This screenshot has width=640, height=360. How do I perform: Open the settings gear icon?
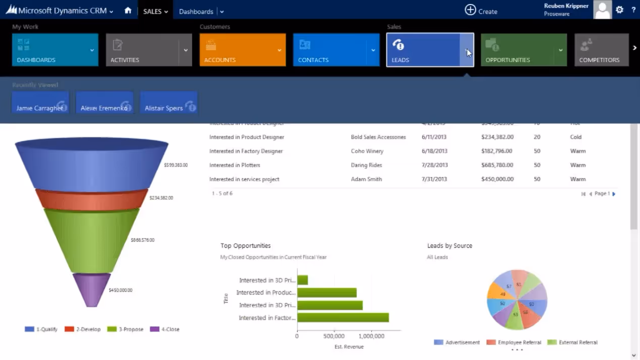(619, 10)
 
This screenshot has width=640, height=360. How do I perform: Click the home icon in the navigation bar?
(128, 11)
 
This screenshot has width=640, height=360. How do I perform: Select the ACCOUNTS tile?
(237, 50)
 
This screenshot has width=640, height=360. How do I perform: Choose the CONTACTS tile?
(330, 50)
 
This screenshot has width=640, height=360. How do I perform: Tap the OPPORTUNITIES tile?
(517, 50)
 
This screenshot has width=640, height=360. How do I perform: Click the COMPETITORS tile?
(601, 50)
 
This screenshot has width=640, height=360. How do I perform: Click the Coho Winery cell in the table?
(367, 151)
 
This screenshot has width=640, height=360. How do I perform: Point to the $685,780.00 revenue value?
(497, 165)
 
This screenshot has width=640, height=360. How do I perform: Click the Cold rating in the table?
(575, 137)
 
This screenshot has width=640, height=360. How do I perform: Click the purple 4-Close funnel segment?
(91, 289)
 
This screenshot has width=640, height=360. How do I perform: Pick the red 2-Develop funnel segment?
(91, 200)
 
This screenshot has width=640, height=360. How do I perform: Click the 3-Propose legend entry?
(126, 329)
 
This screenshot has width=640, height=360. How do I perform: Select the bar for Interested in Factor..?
(342, 318)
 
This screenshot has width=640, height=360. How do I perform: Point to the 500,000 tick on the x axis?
(334, 336)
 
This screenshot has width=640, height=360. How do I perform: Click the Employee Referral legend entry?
(514, 342)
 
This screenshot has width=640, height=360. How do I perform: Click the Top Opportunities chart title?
(246, 246)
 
